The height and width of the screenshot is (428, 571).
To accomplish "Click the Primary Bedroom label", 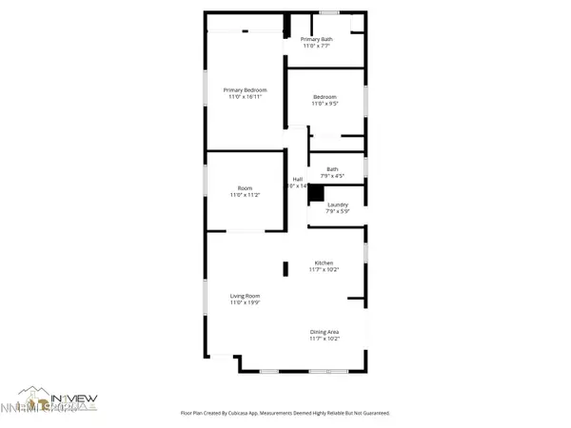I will click(x=245, y=90).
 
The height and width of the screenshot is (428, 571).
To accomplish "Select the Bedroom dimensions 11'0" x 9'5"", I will click(x=326, y=104).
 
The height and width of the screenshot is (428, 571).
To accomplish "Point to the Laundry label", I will click(x=337, y=204).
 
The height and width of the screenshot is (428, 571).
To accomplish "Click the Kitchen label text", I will click(x=325, y=263).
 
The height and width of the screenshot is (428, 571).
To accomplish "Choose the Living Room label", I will click(x=245, y=296).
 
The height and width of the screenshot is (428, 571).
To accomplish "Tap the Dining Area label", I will click(x=325, y=331).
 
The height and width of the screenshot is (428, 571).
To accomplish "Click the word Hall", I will click(x=297, y=179).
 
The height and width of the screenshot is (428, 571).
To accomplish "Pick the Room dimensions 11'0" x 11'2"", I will click(x=245, y=195).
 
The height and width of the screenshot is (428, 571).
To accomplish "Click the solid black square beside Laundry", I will click(x=315, y=191).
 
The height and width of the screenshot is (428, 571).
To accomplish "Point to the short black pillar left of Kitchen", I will click(x=285, y=269).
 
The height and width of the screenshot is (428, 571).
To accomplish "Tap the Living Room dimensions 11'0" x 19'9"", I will click(x=245, y=302).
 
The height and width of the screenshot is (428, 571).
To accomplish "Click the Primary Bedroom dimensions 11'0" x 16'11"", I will click(x=246, y=97).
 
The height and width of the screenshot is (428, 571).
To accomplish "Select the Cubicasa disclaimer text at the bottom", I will click(x=285, y=414).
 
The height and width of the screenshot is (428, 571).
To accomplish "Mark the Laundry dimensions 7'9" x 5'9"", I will click(x=337, y=211).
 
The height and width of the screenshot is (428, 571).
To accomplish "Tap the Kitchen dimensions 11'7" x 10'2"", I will click(x=325, y=270).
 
